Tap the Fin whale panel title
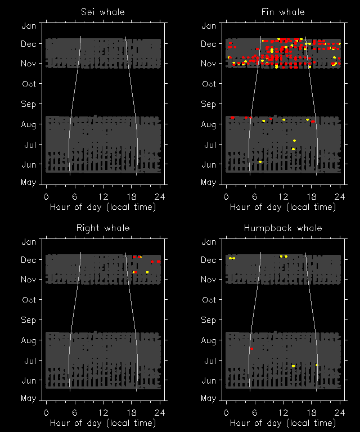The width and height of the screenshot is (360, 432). pyautogui.click(x=283, y=12)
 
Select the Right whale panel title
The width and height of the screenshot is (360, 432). pyautogui.click(x=103, y=228)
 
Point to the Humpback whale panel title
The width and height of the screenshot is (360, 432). pyautogui.click(x=283, y=228)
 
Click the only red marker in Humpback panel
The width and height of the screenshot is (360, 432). pyautogui.click(x=251, y=349)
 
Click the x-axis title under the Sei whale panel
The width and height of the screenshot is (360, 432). pyautogui.click(x=103, y=207)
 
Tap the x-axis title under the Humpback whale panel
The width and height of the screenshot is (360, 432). pyautogui.click(x=283, y=423)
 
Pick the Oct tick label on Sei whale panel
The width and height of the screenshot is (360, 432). pyautogui.click(x=29, y=84)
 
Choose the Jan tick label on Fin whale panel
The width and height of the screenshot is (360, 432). pyautogui.click(x=209, y=26)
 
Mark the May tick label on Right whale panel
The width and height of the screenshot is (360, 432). pyautogui.click(x=29, y=398)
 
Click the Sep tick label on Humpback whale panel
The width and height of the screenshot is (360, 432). pyautogui.click(x=209, y=320)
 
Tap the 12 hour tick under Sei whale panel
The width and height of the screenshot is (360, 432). pyautogui.click(x=103, y=196)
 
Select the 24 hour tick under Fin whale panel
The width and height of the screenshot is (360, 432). pyautogui.click(x=340, y=196)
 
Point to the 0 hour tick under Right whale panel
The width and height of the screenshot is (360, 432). pyautogui.click(x=47, y=412)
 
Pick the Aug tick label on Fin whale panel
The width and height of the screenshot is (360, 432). pyautogui.click(x=209, y=124)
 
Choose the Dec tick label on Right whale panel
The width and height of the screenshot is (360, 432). pyautogui.click(x=29, y=260)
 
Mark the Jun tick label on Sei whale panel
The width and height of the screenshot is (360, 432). pyautogui.click(x=29, y=165)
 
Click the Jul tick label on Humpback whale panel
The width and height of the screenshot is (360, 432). pyautogui.click(x=209, y=361)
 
